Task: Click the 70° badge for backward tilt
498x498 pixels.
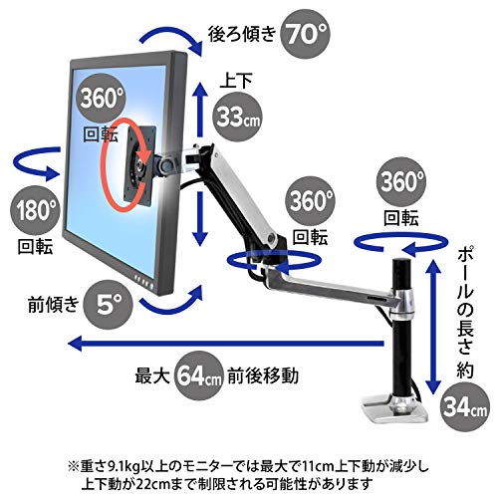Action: tap(305, 34)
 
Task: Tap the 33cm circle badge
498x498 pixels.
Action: tap(237, 117)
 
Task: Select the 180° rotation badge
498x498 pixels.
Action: tap(35, 210)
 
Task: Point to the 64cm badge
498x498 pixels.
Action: tap(198, 375)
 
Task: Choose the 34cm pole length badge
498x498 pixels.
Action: tap(465, 407)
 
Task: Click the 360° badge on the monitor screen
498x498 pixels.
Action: tap(102, 99)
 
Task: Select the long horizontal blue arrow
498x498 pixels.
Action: tap(225, 343)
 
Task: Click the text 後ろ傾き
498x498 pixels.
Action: tap(242, 34)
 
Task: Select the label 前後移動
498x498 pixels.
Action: tap(263, 375)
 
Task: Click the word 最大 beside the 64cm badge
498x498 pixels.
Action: tap(152, 375)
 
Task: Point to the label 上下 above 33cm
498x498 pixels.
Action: tap(236, 81)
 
